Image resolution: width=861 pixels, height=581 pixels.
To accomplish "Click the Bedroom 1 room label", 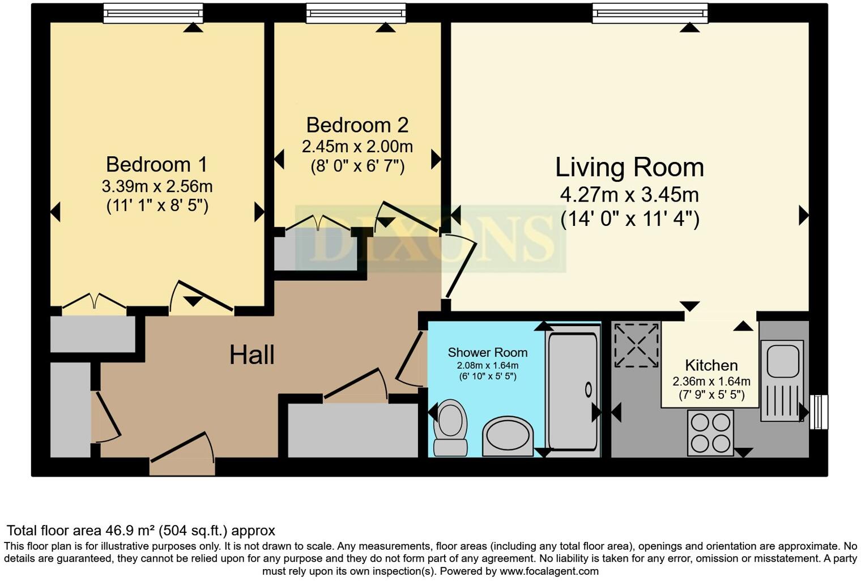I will point(156,165).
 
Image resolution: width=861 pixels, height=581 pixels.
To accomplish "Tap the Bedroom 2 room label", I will point(357,125).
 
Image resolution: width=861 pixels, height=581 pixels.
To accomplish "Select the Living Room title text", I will point(629,168).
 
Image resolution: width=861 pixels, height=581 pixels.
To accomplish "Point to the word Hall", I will point(252,355).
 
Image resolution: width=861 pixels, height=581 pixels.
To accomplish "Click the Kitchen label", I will point(711,365).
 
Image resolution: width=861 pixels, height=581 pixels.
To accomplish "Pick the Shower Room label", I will point(487,353).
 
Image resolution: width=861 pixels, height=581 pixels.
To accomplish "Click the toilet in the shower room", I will point(450,427).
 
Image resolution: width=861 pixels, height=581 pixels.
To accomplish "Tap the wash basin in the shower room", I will point(508,436).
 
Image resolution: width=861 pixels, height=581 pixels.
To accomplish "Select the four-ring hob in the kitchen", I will point(710,432).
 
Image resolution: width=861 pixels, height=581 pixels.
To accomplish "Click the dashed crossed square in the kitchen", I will point(637,344).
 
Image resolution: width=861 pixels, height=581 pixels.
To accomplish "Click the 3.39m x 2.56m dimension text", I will point(157,186).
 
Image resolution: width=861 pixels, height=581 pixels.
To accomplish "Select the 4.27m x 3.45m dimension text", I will point(629,195).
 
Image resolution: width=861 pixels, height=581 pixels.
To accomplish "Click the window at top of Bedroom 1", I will point(153,13).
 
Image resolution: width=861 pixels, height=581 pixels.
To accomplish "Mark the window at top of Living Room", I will point(650,13).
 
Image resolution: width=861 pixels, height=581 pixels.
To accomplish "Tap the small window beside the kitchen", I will point(819,412).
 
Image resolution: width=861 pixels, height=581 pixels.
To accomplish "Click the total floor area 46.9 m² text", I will point(140,531).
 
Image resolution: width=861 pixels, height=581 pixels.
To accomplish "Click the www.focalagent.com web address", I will point(548,571).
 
